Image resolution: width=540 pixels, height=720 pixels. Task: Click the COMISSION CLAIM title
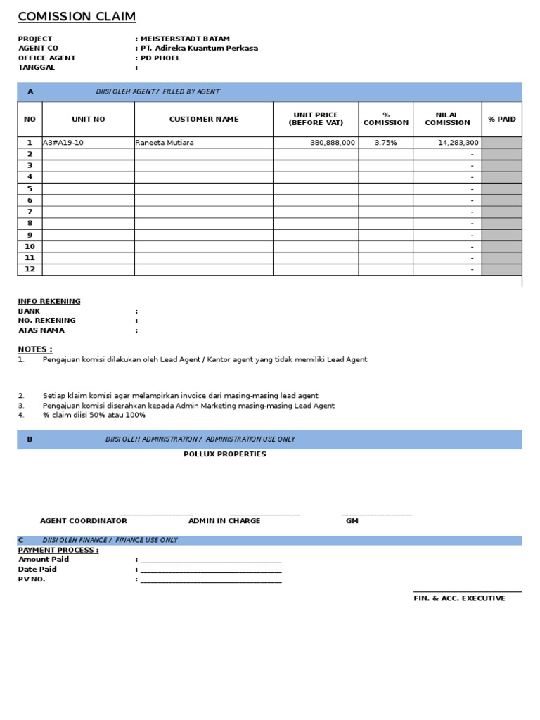click(x=77, y=17)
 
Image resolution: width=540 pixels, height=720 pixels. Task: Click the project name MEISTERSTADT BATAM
click(x=185, y=39)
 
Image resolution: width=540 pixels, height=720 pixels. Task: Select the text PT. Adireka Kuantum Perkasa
click(x=199, y=49)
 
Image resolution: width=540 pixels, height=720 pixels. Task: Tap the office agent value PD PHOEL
click(x=160, y=58)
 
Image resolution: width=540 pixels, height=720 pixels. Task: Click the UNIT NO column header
click(x=89, y=120)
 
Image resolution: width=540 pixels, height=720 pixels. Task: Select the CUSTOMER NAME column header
click(x=204, y=120)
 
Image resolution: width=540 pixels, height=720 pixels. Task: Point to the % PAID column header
click(x=501, y=120)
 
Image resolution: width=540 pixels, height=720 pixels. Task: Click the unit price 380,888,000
click(x=333, y=143)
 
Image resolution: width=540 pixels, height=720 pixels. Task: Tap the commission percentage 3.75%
click(x=385, y=143)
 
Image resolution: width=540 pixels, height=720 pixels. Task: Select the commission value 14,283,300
click(x=458, y=143)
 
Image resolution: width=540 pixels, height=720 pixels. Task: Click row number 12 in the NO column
click(x=30, y=269)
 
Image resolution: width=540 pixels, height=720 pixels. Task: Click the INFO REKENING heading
click(x=49, y=301)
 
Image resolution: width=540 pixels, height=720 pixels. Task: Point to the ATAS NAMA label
click(x=41, y=330)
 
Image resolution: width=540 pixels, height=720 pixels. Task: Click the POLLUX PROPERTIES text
click(x=225, y=454)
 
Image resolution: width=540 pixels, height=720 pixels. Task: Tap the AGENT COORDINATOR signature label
click(x=84, y=521)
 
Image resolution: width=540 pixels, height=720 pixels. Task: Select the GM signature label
click(x=352, y=521)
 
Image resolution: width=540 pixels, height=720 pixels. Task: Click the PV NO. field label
click(x=32, y=579)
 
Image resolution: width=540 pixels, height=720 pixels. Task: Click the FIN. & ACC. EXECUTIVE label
click(x=459, y=598)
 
